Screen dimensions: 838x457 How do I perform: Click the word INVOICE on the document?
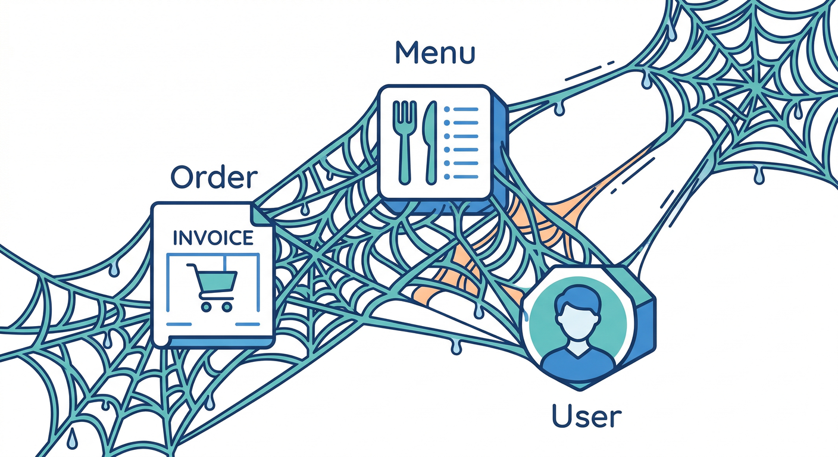coord(213,238)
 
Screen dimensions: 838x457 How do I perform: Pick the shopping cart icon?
coord(212,287)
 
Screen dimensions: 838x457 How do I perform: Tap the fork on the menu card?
coord(404,142)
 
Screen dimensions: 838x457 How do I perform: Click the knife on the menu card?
coord(430,142)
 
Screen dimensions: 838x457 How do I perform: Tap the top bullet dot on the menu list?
coord(447,109)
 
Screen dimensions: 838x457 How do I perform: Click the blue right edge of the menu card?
coord(500,149)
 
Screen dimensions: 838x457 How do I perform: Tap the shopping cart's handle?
coord(192,267)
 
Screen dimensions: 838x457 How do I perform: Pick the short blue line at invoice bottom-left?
coord(179,324)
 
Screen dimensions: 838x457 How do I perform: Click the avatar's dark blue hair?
coord(578,298)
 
